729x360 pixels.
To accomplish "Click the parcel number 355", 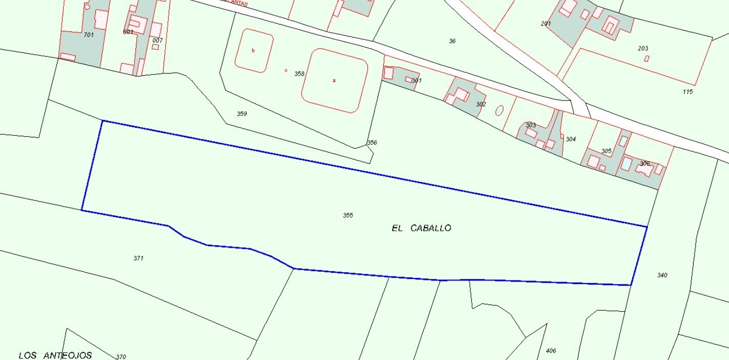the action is click(x=348, y=215).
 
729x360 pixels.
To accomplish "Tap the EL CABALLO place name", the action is click(x=421, y=228).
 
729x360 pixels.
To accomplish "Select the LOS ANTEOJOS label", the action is click(x=55, y=355).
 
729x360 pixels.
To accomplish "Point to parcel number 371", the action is click(x=138, y=258).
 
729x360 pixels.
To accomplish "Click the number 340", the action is click(x=662, y=275).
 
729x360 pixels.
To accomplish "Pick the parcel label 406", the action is click(x=551, y=351).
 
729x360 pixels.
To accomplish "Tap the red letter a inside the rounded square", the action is click(x=334, y=81).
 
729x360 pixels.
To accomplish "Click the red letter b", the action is click(x=253, y=50).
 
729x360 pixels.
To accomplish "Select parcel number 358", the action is click(x=300, y=74).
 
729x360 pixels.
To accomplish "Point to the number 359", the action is click(x=242, y=114).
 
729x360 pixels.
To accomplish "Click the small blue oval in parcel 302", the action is click(x=499, y=110).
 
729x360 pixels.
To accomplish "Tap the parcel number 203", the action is click(x=643, y=49).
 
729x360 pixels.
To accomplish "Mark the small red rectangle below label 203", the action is click(x=646, y=58).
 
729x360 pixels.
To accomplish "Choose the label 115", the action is click(x=688, y=92).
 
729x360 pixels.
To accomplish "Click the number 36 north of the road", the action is click(x=452, y=41).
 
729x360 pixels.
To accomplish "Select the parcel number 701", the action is click(x=88, y=35).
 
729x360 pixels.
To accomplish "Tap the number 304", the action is click(x=571, y=139).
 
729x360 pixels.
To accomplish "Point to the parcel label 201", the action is click(x=545, y=24).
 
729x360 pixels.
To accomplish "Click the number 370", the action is click(x=121, y=357).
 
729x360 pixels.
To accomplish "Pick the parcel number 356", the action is click(x=372, y=143).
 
